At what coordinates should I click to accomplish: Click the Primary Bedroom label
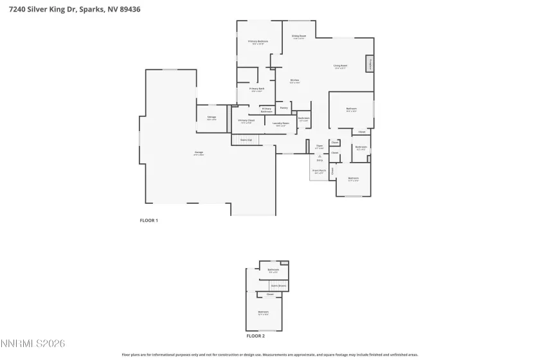(x=258, y=42)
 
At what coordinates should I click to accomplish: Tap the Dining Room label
(x=299, y=37)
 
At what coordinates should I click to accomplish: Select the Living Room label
(x=340, y=66)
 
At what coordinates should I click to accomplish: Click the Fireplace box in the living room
(x=370, y=64)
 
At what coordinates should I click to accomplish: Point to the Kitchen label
(x=294, y=81)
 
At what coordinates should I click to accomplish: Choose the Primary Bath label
(x=257, y=89)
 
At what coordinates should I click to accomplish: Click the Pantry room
(x=283, y=108)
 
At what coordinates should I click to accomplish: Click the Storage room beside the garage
(x=212, y=118)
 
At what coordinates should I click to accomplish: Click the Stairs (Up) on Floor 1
(x=246, y=139)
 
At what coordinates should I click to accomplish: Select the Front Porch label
(x=319, y=171)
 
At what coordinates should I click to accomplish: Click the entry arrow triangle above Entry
(x=319, y=156)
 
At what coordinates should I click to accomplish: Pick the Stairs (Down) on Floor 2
(x=278, y=285)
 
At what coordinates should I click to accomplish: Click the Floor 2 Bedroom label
(x=264, y=313)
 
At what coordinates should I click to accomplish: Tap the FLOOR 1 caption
(x=149, y=221)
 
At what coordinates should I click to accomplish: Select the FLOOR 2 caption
(x=255, y=336)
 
